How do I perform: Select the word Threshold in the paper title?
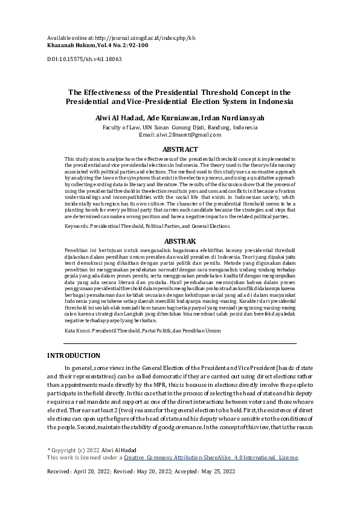tap(225, 92)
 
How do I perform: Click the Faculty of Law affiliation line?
tap(179, 128)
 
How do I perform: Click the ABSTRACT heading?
tap(180, 149)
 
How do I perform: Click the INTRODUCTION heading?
tap(74, 355)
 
